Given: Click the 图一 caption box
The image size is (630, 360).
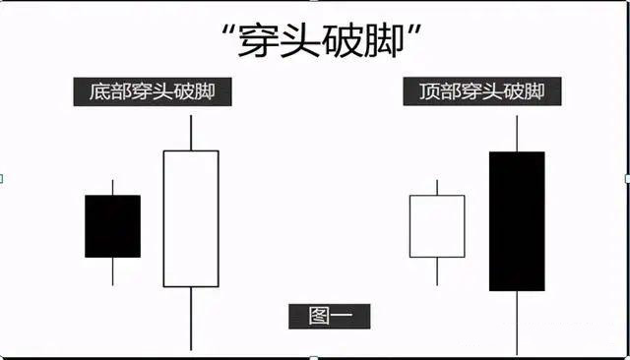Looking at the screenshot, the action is click(x=329, y=316).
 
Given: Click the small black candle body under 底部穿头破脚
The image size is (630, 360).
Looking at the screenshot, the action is click(x=112, y=226).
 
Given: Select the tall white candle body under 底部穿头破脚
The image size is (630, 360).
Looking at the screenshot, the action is click(x=190, y=218).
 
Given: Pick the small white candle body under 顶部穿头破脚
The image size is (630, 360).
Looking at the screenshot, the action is click(x=437, y=226).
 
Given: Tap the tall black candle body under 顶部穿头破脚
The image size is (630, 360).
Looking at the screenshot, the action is click(x=517, y=221).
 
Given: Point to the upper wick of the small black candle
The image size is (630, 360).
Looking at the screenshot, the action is click(x=112, y=187).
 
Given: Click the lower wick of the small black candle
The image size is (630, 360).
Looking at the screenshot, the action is click(x=112, y=271).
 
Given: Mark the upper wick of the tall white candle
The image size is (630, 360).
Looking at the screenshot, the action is click(x=190, y=133).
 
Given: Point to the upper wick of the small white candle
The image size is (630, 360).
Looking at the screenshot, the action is click(x=437, y=187).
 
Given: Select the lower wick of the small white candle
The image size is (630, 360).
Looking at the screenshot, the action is click(x=437, y=271).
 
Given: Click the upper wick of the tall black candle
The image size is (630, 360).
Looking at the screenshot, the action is click(x=517, y=134).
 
